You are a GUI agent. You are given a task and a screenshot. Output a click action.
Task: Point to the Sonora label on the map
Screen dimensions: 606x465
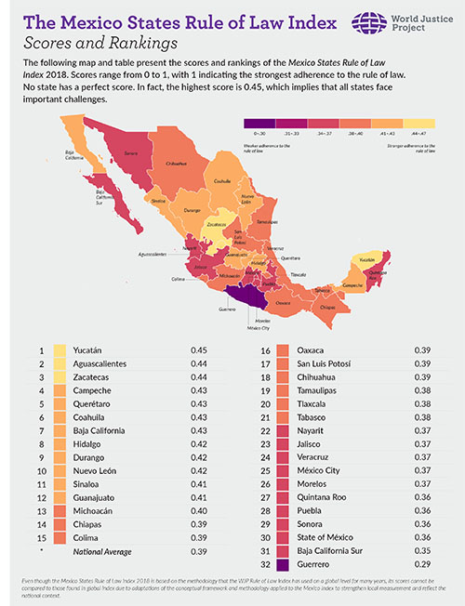[x=131, y=152]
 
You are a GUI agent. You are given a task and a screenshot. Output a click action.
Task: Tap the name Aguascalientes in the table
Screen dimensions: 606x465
[x=105, y=364]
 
